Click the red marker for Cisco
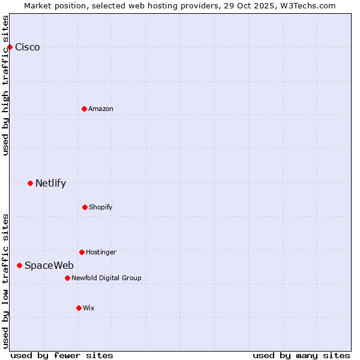10,47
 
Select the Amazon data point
84,109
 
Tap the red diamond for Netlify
30,183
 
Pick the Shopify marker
85,207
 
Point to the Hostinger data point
82,252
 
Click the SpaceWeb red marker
19,265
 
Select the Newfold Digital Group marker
67,278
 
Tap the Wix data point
79,308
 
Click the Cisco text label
28,47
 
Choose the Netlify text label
50,184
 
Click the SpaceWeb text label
49,265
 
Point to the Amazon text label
101,109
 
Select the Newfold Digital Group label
106,278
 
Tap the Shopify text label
100,207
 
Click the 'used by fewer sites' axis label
62,355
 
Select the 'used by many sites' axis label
301,355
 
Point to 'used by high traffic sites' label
5,85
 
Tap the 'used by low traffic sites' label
5,281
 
